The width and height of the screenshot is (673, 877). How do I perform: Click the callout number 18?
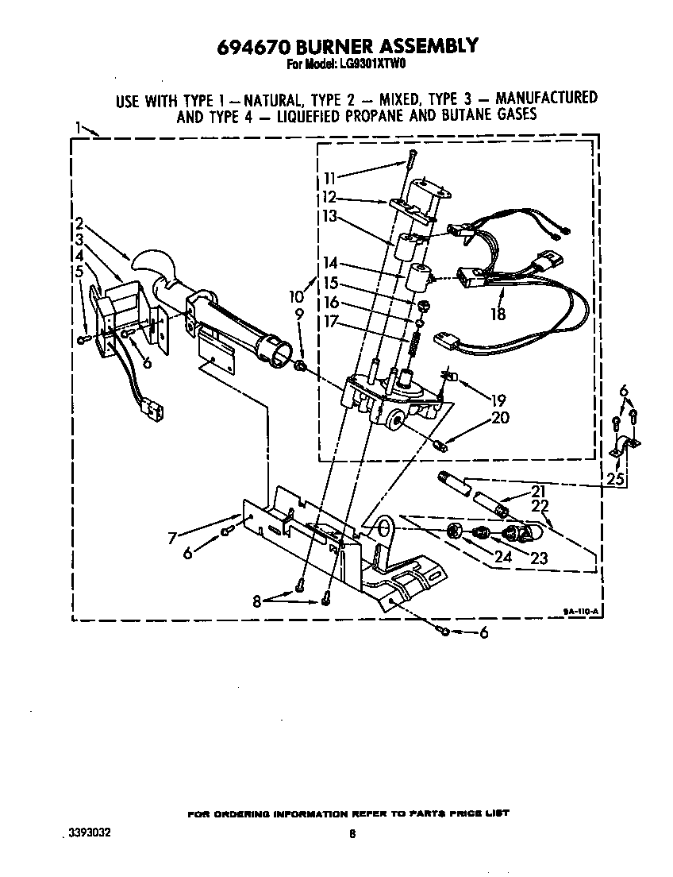pos(498,314)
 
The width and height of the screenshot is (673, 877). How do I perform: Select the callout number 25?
pos(613,478)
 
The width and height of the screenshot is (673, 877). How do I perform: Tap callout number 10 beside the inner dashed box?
pos(296,296)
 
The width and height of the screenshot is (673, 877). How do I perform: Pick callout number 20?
pos(501,418)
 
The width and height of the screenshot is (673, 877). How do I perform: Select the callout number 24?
pos(502,557)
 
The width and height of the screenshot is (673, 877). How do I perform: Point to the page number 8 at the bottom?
pos(352,834)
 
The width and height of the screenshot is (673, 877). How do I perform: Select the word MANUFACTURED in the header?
pos(546,99)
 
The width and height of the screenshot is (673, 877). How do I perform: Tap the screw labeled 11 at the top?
pos(410,163)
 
